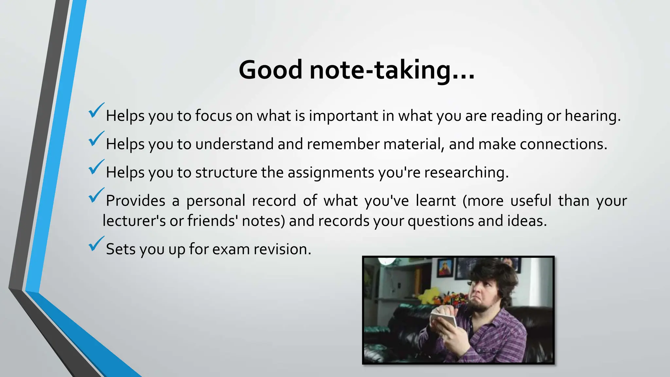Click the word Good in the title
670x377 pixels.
tap(271, 70)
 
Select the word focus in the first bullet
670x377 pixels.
tap(213, 116)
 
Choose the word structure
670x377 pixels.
tap(226, 172)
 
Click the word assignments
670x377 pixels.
tap(331, 172)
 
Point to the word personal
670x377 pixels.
tap(216, 201)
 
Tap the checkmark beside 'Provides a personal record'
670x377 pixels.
tap(96, 195)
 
